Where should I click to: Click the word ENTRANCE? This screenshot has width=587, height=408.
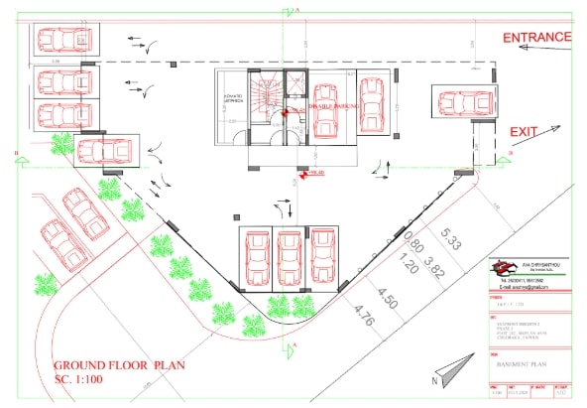536,38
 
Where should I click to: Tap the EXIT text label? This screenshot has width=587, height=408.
523,131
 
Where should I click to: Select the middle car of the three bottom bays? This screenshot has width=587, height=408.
289,258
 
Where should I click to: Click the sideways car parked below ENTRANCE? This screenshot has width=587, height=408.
461,103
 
